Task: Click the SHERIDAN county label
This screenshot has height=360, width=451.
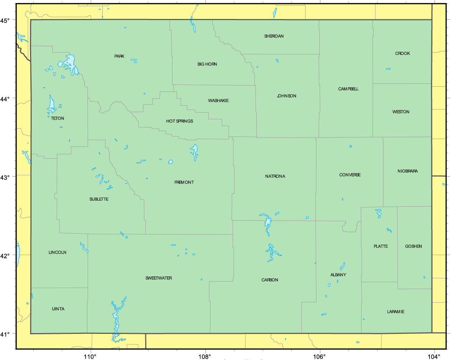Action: pyautogui.click(x=274, y=36)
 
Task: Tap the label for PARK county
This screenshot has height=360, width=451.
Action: pyautogui.click(x=120, y=56)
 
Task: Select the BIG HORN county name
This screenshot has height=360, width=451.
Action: pyautogui.click(x=207, y=64)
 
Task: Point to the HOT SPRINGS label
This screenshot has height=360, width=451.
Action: pyautogui.click(x=179, y=121)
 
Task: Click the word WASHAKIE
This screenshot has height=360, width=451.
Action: pyautogui.click(x=218, y=101)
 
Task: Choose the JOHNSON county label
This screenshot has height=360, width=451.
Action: pyautogui.click(x=286, y=96)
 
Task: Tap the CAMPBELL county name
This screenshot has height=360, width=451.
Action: pyautogui.click(x=348, y=89)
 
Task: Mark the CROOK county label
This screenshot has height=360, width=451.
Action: pyautogui.click(x=402, y=53)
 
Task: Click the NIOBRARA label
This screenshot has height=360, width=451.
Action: pyautogui.click(x=407, y=171)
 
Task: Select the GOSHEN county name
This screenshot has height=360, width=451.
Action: pyautogui.click(x=413, y=246)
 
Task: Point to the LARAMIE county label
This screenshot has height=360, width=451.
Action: pyautogui.click(x=396, y=312)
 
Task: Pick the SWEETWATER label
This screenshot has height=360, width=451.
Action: pyautogui.click(x=159, y=278)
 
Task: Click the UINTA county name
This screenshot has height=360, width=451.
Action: pyautogui.click(x=58, y=309)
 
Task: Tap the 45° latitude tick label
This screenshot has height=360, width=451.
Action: pyautogui.click(x=5, y=20)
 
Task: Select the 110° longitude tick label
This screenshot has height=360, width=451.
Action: pyautogui.click(x=90, y=356)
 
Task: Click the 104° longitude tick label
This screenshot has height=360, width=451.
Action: pyautogui.click(x=434, y=356)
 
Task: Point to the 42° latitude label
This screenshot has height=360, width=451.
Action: pyautogui.click(x=5, y=256)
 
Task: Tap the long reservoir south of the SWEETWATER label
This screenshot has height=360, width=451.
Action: pyautogui.click(x=116, y=317)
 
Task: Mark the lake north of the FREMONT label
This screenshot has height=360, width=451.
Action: pyautogui.click(x=194, y=152)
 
